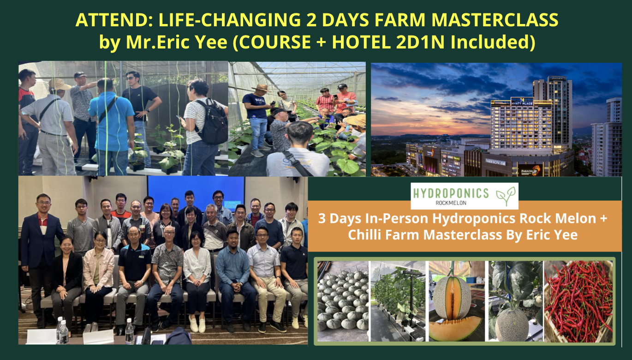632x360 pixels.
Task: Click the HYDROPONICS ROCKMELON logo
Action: tap(464, 196)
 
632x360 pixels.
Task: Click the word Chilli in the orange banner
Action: tap(374, 235)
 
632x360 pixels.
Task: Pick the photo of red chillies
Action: tap(578, 301)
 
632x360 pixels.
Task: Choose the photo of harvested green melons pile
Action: tap(343, 301)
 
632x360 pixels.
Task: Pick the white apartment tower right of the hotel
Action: tap(607, 138)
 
